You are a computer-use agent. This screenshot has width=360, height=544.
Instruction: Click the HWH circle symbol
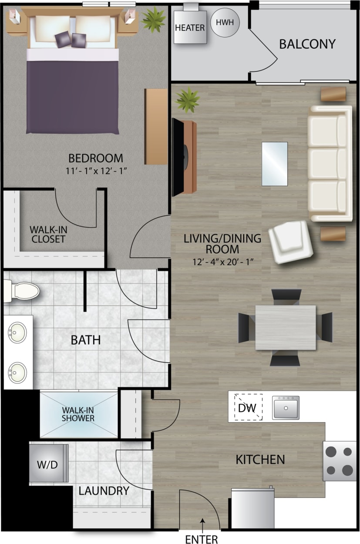pyautogui.click(x=225, y=23)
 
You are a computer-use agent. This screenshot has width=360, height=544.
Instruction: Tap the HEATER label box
pyautogui.click(x=190, y=27)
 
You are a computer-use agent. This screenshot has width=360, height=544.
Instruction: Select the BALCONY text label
pyautogui.click(x=307, y=44)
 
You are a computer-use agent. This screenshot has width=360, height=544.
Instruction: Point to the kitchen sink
pyautogui.click(x=286, y=407)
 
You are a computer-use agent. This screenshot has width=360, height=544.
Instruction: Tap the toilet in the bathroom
pyautogui.click(x=22, y=291)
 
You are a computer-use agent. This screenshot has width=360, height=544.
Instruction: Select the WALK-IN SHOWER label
pyautogui.click(x=78, y=414)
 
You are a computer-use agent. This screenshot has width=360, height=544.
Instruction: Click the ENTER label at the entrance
pyautogui.click(x=202, y=539)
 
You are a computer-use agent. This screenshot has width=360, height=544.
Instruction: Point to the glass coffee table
pyautogui.click(x=275, y=164)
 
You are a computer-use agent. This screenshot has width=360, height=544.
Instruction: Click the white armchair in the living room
pyautogui.click(x=291, y=242)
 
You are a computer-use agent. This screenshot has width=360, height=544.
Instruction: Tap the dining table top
pyautogui.click(x=286, y=327)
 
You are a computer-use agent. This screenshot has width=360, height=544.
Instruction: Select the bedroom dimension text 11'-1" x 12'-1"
pyautogui.click(x=95, y=171)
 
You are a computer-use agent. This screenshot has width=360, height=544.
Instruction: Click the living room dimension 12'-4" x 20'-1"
pyautogui.click(x=222, y=262)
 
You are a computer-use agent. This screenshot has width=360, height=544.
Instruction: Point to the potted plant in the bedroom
pyautogui.click(x=153, y=19)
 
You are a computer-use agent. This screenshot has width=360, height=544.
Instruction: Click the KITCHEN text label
pyautogui.click(x=260, y=459)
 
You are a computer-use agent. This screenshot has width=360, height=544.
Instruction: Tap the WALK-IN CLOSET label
pyautogui.click(x=47, y=234)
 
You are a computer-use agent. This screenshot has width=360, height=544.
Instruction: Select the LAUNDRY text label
pyautogui.click(x=104, y=491)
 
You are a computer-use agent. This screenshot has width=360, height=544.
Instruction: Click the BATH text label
pyautogui.click(x=86, y=339)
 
